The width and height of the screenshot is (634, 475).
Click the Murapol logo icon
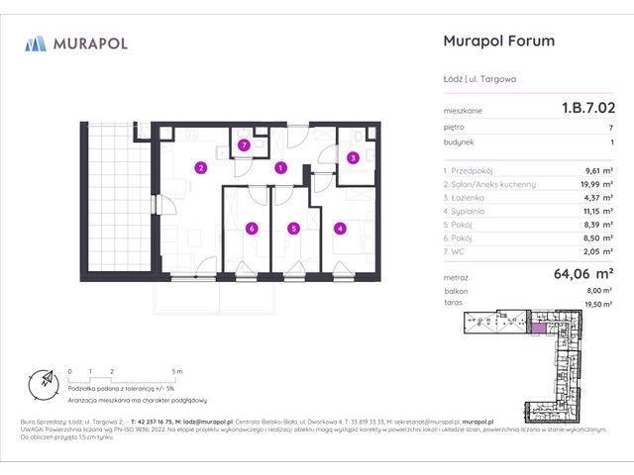(37, 43)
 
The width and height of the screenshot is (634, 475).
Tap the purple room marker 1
(281, 167)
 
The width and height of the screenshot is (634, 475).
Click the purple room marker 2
(200, 167)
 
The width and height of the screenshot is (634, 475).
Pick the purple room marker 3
(353, 156)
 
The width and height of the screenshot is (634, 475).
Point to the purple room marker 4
(341, 229)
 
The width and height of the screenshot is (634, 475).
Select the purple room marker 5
(293, 229)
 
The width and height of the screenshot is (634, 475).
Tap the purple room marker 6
(252, 229)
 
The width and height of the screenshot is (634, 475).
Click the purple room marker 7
(244, 144)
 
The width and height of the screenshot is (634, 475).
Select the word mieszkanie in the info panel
(462, 112)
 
